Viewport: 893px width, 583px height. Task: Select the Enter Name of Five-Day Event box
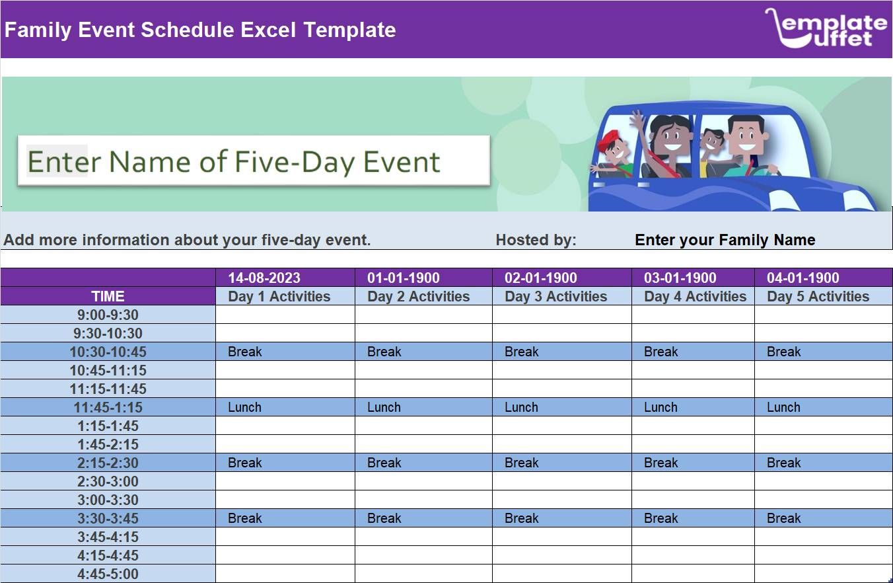(x=253, y=161)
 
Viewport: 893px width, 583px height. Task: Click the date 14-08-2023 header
(x=264, y=278)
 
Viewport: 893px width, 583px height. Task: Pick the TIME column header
(x=108, y=296)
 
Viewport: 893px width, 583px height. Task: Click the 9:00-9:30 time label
(x=108, y=315)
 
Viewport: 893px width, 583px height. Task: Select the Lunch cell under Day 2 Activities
(x=384, y=407)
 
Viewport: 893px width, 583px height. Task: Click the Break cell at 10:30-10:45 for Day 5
(x=783, y=352)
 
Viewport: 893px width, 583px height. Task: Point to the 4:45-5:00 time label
(x=108, y=574)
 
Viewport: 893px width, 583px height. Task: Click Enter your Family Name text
(x=725, y=240)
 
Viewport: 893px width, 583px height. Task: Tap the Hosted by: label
(x=536, y=240)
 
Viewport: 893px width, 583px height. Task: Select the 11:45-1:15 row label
(x=108, y=407)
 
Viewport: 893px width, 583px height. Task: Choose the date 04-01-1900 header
(x=803, y=278)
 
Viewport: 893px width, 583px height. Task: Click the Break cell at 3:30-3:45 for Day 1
(x=245, y=518)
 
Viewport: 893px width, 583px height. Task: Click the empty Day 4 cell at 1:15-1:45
(x=692, y=426)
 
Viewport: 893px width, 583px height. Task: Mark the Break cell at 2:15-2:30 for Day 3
(x=522, y=463)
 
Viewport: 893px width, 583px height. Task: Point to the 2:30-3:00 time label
(x=108, y=481)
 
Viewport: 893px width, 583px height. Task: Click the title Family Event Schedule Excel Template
(x=200, y=30)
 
